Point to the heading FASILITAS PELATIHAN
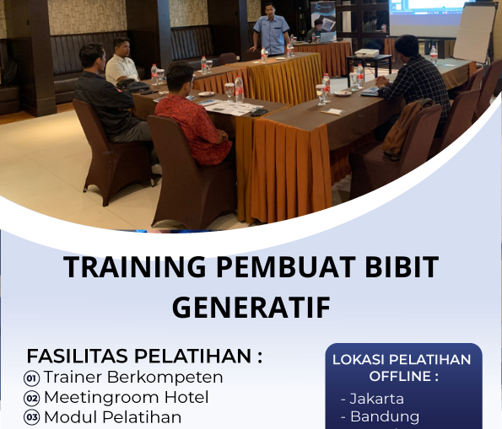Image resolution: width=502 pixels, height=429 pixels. pos(144,356)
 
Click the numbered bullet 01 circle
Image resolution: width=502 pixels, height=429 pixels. pos(32,378)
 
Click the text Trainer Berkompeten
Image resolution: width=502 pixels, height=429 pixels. pos(133,377)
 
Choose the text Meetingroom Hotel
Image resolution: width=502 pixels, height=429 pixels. pos(126,397)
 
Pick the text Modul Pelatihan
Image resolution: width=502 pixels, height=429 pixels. pos(112,417)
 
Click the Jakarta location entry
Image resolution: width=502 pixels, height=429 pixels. pos(372,399)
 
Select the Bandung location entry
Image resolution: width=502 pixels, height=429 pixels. pos(379,416)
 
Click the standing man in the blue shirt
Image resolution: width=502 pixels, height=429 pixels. pos(272,29)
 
